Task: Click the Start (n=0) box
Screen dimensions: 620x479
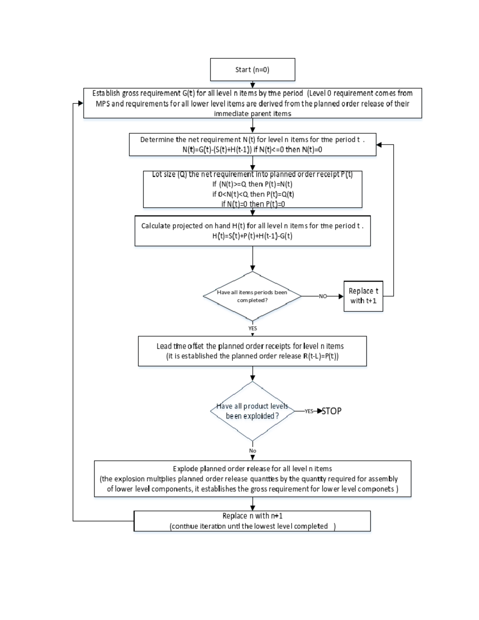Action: click(x=252, y=69)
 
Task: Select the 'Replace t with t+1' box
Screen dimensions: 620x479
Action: click(x=363, y=296)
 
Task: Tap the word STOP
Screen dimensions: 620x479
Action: click(x=331, y=411)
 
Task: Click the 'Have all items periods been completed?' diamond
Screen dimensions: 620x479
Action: click(x=252, y=296)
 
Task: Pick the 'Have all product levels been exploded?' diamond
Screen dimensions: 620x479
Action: click(x=252, y=411)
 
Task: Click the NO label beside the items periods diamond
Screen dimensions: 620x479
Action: click(x=323, y=296)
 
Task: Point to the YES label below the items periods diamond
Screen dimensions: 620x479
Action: click(x=252, y=328)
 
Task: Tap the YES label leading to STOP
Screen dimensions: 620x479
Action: click(x=309, y=411)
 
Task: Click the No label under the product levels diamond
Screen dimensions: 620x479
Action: click(x=252, y=451)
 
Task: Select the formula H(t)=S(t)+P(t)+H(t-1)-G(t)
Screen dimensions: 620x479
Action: click(x=252, y=236)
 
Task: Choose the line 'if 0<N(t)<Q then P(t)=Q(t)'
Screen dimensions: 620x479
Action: click(x=253, y=194)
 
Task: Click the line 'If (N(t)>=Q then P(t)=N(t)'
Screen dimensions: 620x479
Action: click(x=252, y=184)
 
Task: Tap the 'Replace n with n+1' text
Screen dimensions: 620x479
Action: click(x=252, y=516)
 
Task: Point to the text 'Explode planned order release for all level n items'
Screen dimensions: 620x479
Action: click(x=252, y=469)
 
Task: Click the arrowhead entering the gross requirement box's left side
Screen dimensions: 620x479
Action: click(x=81, y=103)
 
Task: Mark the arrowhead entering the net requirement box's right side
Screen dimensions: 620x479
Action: click(x=379, y=145)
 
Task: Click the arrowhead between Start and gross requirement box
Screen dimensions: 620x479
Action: click(x=252, y=85)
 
